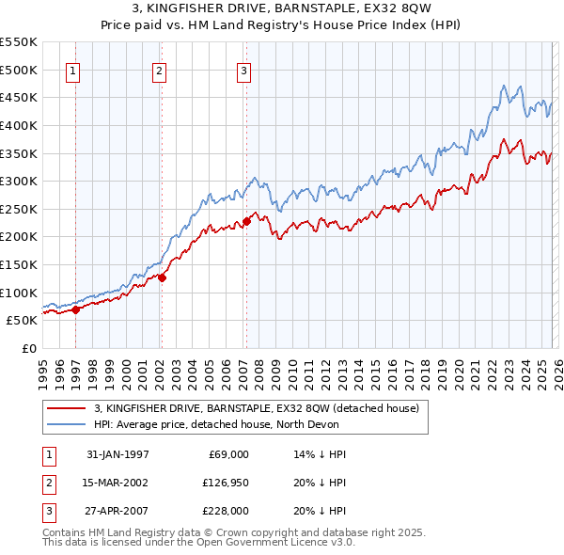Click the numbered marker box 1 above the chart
(73, 71)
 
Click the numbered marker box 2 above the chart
(159, 71)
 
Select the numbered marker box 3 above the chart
(243, 71)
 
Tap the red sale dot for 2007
(246, 221)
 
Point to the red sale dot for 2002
(162, 277)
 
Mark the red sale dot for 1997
(76, 309)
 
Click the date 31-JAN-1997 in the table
(117, 454)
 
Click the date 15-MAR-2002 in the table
(117, 483)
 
